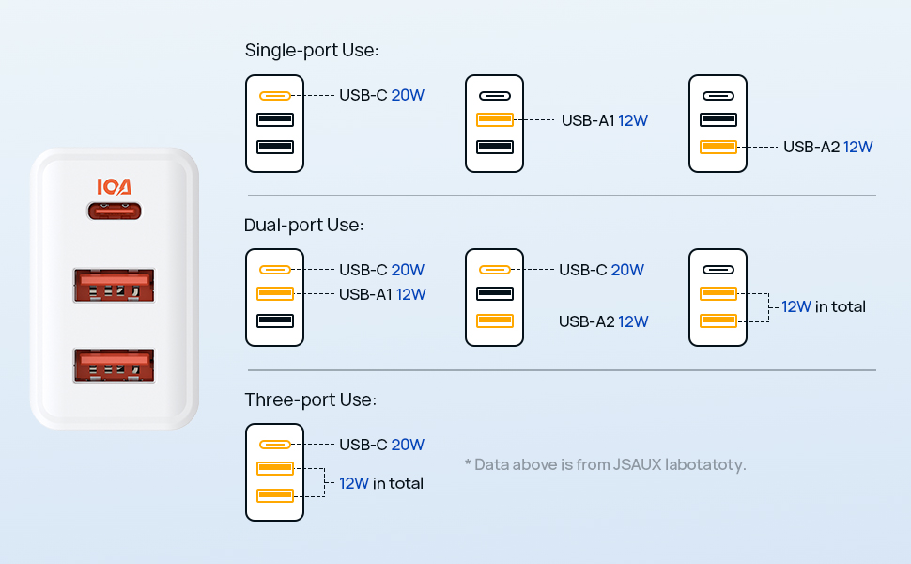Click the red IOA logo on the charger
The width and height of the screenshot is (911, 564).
pyautogui.click(x=114, y=187)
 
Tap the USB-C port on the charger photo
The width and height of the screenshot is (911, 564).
pyautogui.click(x=114, y=212)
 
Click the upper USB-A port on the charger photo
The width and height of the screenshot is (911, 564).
pyautogui.click(x=114, y=285)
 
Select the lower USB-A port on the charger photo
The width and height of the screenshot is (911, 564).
pyautogui.click(x=114, y=365)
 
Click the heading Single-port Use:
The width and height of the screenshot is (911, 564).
pyautogui.click(x=312, y=51)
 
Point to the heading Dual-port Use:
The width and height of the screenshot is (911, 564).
pyautogui.click(x=303, y=226)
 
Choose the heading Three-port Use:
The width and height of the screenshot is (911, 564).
pyautogui.click(x=310, y=400)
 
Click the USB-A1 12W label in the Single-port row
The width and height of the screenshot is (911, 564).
pyautogui.click(x=605, y=120)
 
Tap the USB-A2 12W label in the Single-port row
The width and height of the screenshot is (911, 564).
pyautogui.click(x=828, y=147)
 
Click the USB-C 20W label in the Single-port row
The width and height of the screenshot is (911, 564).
pyautogui.click(x=381, y=95)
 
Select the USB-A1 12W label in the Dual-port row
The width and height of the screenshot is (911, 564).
pyautogui.click(x=382, y=294)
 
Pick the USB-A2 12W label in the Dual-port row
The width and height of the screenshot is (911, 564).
pyautogui.click(x=604, y=321)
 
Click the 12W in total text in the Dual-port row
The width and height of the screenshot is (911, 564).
pyautogui.click(x=824, y=306)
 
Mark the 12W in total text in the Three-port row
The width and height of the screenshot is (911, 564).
pyautogui.click(x=381, y=483)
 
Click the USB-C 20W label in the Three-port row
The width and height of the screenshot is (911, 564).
pyautogui.click(x=381, y=445)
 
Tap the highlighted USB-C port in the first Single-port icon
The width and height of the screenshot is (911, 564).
pyautogui.click(x=274, y=96)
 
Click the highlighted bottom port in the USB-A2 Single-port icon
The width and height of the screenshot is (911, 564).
pyautogui.click(x=718, y=147)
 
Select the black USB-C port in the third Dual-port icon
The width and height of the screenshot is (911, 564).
pyautogui.click(x=718, y=270)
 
